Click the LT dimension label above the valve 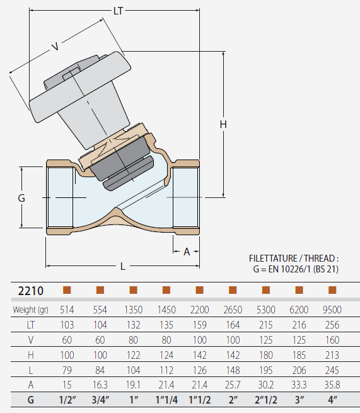[118, 11]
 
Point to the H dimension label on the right [223, 124]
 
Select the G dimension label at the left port [21, 198]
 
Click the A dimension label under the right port [187, 252]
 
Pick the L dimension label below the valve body [122, 266]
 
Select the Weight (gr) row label [31, 310]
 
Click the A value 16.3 [100, 385]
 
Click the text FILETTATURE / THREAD [294, 259]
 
